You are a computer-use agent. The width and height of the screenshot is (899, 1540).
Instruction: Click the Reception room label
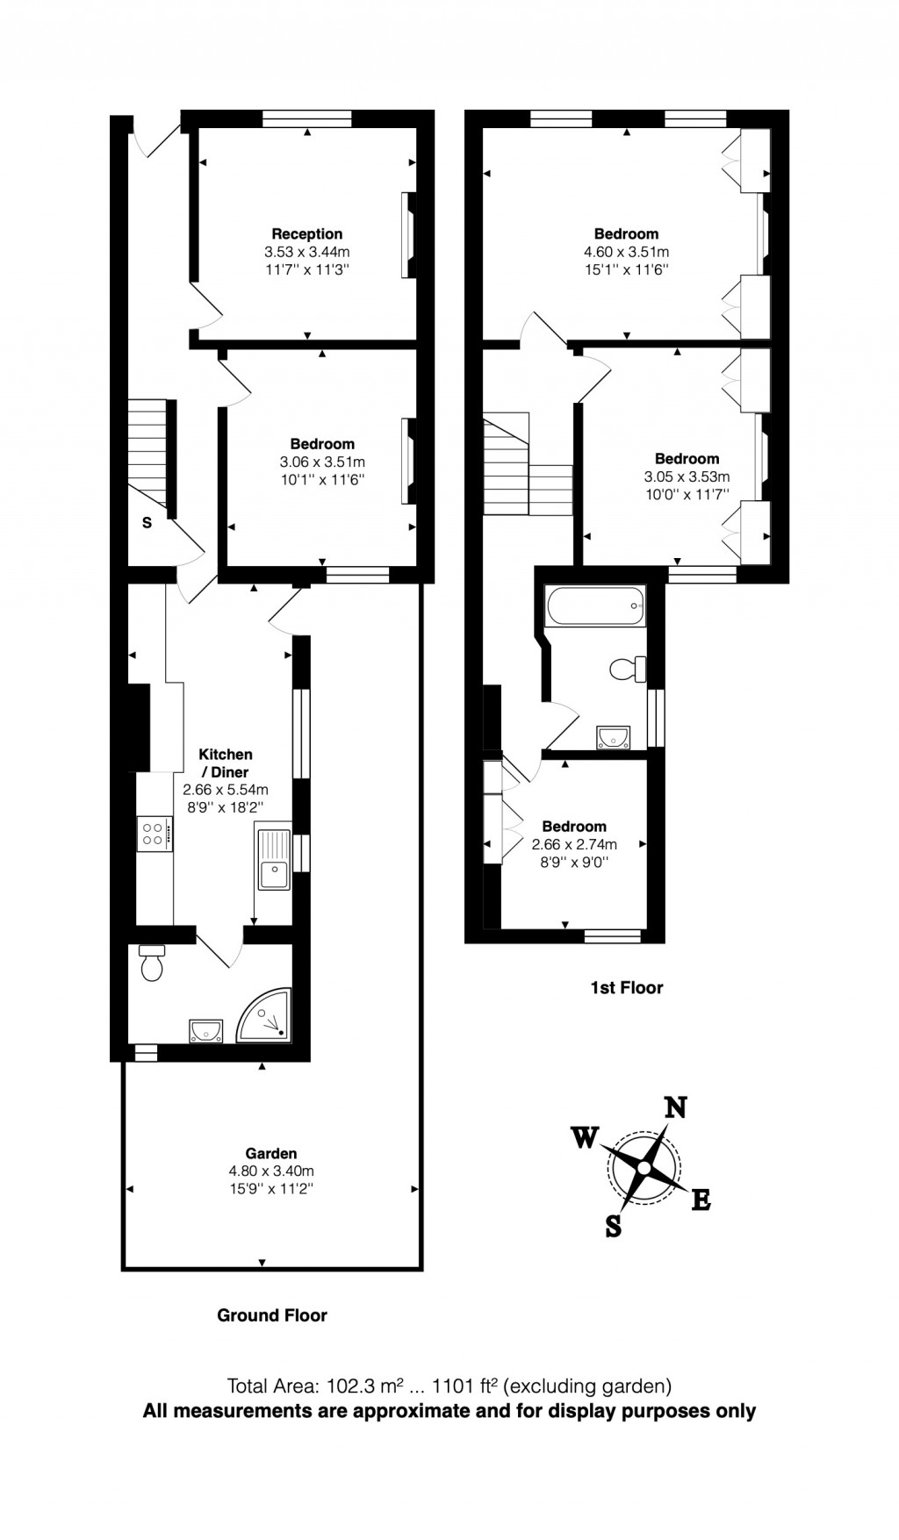[306, 234]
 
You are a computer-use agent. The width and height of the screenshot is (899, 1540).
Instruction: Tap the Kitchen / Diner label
[226, 763]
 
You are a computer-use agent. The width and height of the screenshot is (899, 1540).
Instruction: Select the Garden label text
[270, 1154]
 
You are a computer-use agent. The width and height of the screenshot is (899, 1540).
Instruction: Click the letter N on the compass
[674, 1107]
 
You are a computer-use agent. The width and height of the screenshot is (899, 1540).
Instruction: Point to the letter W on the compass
[585, 1138]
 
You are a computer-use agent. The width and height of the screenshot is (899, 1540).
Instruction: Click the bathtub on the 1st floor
[595, 605]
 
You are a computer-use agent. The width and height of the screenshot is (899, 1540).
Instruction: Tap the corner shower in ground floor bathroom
[266, 1016]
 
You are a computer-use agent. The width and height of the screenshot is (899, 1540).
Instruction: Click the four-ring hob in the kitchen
[155, 833]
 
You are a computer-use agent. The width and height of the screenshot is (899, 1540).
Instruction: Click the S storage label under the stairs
[147, 523]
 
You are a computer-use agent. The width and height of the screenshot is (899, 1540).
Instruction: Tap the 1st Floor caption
[626, 988]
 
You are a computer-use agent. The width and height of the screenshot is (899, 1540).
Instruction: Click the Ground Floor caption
[272, 1315]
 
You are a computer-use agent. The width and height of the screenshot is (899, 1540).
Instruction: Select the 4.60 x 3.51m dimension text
[626, 252]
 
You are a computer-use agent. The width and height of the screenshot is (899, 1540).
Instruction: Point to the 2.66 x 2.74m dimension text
[574, 844]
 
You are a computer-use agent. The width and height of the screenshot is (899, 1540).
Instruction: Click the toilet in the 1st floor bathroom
[627, 670]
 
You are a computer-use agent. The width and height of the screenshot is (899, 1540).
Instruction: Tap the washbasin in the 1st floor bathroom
[613, 736]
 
